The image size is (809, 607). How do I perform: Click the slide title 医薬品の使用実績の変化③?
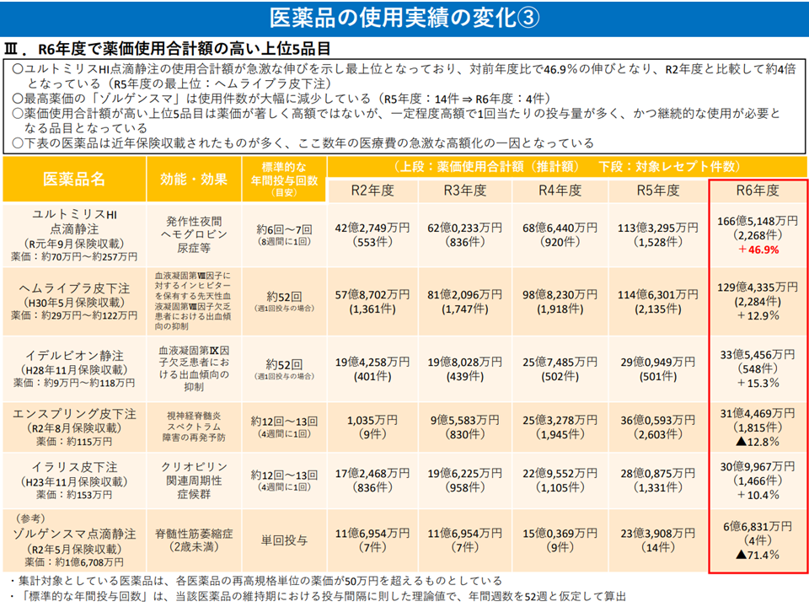click(x=404, y=17)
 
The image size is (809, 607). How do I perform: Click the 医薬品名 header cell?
click(x=74, y=179)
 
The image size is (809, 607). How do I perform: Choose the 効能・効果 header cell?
click(x=193, y=179)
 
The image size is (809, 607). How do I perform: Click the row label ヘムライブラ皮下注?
click(x=73, y=287)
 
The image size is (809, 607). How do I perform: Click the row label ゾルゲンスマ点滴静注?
click(x=73, y=534)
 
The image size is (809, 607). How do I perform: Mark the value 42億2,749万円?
click(x=372, y=227)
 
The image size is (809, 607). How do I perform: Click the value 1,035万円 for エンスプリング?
click(x=372, y=420)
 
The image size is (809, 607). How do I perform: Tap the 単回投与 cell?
click(x=284, y=540)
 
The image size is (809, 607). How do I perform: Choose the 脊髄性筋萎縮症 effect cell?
click(x=193, y=533)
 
